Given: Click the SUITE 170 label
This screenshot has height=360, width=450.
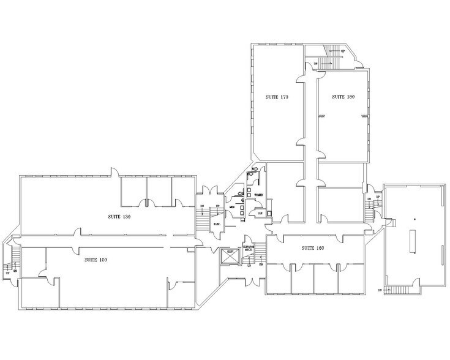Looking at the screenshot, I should pyautogui.click(x=276, y=97).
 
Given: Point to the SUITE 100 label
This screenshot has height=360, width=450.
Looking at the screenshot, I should pyautogui.click(x=96, y=260).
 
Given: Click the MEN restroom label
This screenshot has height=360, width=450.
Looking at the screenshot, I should pyautogui.click(x=233, y=208).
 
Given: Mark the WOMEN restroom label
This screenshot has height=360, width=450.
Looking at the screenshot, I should pyautogui.click(x=258, y=195).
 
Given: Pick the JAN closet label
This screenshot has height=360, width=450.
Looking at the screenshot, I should pyautogui.click(x=260, y=213).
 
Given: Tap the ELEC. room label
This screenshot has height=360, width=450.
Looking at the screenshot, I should pyautogui.click(x=217, y=224).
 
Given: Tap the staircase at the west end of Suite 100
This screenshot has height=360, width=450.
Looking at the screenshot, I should pyautogui.click(x=13, y=257).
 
